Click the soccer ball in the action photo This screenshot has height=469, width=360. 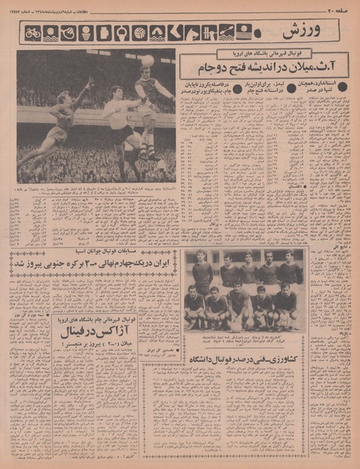147,60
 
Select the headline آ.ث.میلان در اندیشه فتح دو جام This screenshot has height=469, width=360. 263,68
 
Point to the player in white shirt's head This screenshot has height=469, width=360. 117,92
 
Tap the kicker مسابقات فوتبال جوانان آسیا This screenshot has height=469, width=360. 93,252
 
